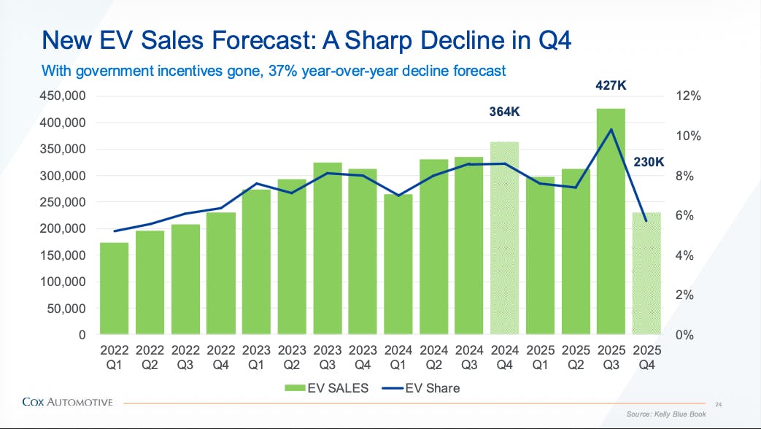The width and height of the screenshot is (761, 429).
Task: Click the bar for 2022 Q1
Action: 114,288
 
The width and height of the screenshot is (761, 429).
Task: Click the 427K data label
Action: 611,85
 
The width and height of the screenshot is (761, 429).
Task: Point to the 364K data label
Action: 503,112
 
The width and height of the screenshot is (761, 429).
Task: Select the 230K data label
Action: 649,162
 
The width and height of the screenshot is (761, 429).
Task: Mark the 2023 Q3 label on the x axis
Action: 327,356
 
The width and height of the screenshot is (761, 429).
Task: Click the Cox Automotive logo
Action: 67,401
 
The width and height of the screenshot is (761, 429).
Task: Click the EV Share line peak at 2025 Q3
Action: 611,130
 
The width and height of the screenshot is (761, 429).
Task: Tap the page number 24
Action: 718,404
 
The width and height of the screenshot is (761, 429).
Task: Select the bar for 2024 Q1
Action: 398,263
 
